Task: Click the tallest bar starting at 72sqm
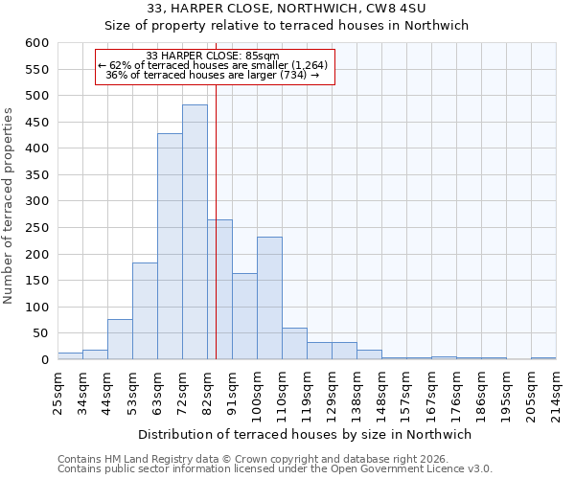coord(195,232)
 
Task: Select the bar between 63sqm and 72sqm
coord(170,246)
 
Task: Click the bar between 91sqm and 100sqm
coord(244,316)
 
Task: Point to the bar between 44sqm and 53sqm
coord(120,339)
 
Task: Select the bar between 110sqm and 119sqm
coord(294,344)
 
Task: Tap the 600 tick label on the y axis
coord(35,43)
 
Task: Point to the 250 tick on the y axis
coord(35,228)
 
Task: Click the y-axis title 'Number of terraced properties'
coord(10,205)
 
